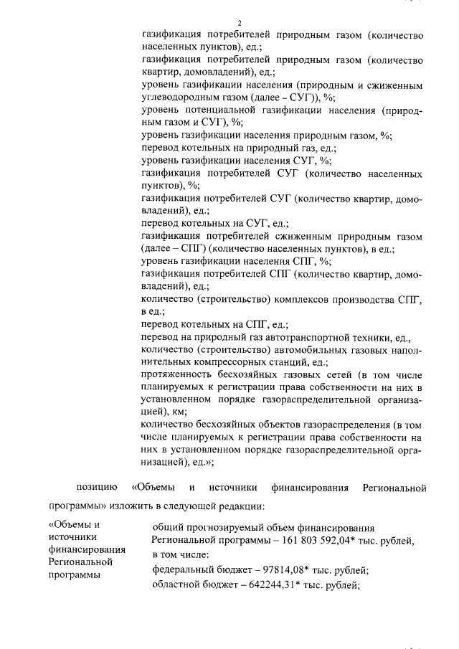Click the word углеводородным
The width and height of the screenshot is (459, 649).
coord(180,98)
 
